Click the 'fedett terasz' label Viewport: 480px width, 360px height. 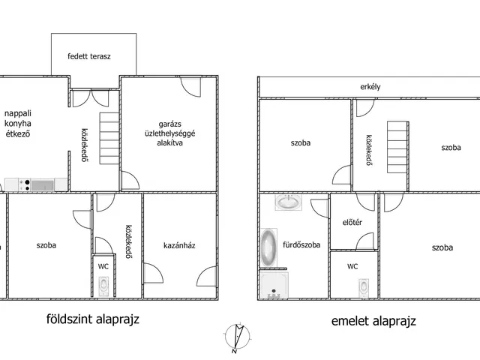coord(89,56)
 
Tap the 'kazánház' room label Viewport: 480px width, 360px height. coord(179,245)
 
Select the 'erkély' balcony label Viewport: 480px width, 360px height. coord(370,87)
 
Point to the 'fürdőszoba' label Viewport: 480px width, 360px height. coord(301,244)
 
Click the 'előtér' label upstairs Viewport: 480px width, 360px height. coord(352,223)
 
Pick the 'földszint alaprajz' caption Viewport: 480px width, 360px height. coord(93,319)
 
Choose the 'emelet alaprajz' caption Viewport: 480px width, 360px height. coord(373,321)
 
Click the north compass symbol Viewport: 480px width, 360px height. coord(237,337)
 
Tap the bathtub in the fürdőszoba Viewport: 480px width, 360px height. coord(268,247)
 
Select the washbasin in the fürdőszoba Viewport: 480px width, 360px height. coord(288,202)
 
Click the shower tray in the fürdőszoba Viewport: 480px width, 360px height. coord(273,285)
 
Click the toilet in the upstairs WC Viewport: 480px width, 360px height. coord(364,288)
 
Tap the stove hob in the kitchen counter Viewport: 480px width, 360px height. coord(24,185)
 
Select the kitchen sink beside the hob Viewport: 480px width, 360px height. coord(43,185)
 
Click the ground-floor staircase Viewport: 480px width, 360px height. coord(109,138)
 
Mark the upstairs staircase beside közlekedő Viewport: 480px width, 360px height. coord(397,147)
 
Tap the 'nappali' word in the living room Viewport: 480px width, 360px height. coord(18,113)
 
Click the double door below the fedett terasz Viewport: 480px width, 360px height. coord(91,98)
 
